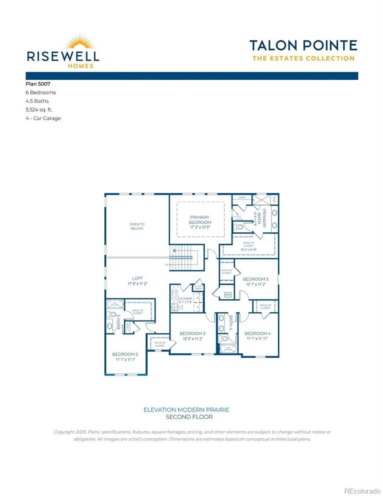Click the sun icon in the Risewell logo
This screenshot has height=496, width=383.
tap(80, 42)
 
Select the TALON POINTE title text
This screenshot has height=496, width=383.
tap(303, 46)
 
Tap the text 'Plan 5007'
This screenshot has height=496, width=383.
tap(38, 84)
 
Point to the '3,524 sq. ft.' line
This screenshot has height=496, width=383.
tap(39, 110)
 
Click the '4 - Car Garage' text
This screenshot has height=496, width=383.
tap(43, 118)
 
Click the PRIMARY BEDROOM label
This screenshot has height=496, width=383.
tap(200, 220)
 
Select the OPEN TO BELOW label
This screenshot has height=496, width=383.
tap(137, 226)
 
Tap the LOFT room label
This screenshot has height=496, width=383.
tap(137, 278)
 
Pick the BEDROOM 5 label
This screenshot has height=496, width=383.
tap(255, 279)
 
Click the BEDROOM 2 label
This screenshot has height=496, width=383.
tap(125, 354)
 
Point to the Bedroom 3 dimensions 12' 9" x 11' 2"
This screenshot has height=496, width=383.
tap(193, 339)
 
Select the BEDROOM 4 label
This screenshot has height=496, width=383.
tap(257, 333)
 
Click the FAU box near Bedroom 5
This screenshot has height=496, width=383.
tap(227, 295)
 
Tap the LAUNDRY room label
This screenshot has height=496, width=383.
tap(185, 298)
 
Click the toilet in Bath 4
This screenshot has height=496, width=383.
tap(224, 339)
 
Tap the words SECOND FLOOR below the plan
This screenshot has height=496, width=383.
tap(189, 417)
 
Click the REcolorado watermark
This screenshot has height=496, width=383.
tap(362, 491)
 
